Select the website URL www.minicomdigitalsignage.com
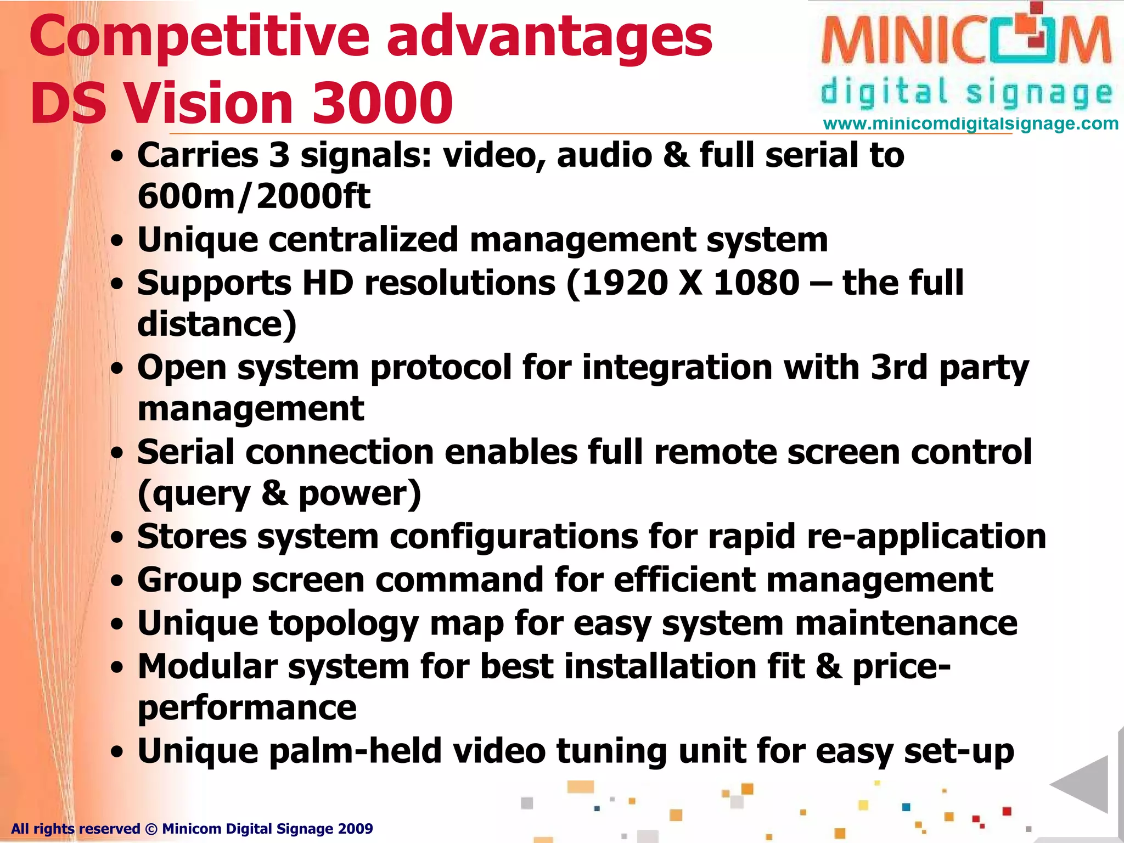(x=970, y=123)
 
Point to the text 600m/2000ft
(x=254, y=196)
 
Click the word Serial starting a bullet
(x=186, y=452)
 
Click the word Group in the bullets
(x=189, y=581)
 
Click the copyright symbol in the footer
(x=151, y=829)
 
